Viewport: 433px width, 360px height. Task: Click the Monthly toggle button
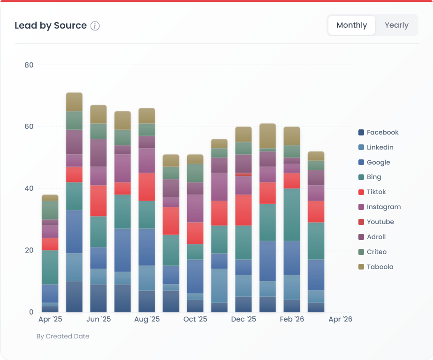pos(351,25)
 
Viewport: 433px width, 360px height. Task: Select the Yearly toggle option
pos(396,25)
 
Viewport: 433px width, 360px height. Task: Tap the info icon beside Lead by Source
pos(95,26)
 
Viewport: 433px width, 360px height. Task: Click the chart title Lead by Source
pos(51,26)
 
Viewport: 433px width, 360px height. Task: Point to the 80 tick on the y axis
pos(29,65)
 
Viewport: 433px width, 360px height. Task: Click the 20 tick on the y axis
pos(29,250)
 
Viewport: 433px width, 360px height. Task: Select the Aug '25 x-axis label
pos(147,319)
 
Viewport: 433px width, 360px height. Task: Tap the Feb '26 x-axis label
pos(292,319)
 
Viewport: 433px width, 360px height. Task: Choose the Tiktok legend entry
pos(376,192)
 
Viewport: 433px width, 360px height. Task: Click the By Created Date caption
pos(63,336)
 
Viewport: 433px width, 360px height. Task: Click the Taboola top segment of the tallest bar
pos(74,102)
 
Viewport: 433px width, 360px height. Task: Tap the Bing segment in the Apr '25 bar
pos(50,267)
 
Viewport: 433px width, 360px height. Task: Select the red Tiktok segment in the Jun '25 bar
pos(99,201)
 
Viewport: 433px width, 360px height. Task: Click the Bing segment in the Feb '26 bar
pos(292,215)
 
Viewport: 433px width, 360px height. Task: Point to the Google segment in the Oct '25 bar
pos(195,277)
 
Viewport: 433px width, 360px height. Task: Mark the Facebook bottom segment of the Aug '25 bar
pos(147,301)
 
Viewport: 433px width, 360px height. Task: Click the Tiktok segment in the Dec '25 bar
pos(243,210)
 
